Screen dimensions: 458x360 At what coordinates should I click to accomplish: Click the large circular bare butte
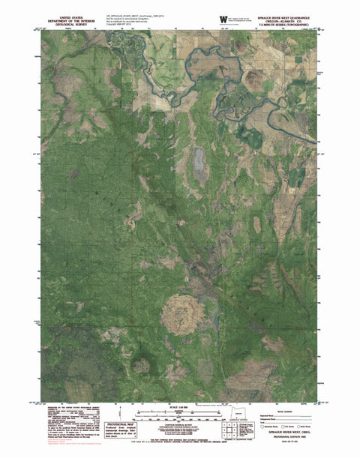[178, 311]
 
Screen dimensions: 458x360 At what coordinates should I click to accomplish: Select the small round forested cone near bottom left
[140, 367]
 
